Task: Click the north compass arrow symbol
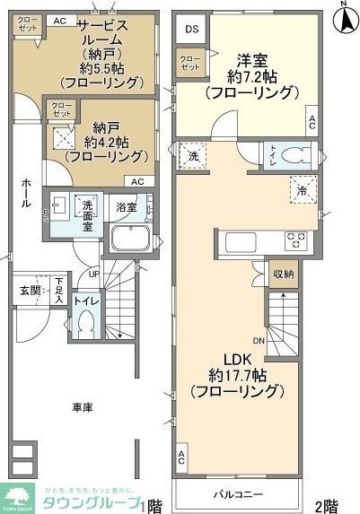tap(342, 16)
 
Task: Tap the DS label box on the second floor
tap(191, 29)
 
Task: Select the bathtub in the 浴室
tap(132, 240)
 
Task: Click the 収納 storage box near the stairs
tap(282, 274)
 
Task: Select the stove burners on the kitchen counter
tap(296, 240)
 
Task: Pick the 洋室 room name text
tap(251, 60)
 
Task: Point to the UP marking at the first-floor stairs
tap(94, 273)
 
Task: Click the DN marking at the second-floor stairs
tap(258, 340)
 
